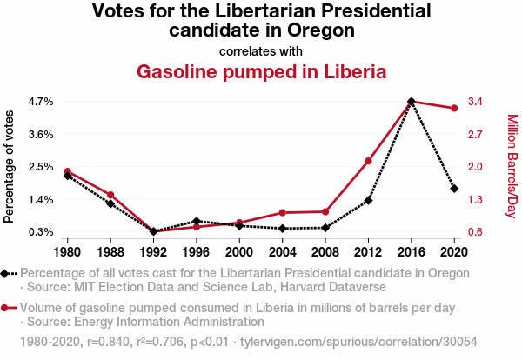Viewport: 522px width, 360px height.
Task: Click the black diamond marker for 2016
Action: [411, 102]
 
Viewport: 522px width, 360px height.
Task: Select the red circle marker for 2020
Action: [454, 108]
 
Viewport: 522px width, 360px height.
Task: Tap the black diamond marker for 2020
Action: [454, 189]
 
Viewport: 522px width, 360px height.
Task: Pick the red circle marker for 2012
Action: [368, 161]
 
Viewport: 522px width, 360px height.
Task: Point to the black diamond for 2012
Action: [368, 201]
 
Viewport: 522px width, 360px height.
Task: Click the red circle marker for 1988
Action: [110, 195]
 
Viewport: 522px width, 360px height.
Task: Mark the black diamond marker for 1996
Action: [197, 221]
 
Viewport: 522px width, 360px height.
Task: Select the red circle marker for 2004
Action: [282, 212]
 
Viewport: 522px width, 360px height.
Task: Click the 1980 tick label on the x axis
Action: [67, 252]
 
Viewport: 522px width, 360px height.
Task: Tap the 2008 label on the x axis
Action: [325, 252]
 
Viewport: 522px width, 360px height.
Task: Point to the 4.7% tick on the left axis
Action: [41, 102]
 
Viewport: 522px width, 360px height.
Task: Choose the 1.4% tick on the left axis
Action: [41, 200]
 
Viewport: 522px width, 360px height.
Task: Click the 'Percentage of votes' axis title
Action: [10, 166]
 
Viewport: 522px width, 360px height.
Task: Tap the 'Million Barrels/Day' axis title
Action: [512, 166]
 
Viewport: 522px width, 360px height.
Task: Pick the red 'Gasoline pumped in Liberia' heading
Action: [261, 71]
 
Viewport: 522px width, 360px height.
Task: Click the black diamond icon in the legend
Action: [5, 273]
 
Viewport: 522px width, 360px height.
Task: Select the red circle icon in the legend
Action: [5, 308]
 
